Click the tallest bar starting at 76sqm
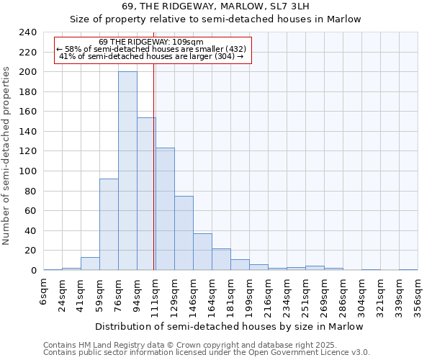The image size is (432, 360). (x=127, y=171)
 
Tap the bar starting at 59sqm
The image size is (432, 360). (x=109, y=224)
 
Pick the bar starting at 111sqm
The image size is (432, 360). (x=165, y=209)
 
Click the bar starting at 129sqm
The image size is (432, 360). (x=184, y=233)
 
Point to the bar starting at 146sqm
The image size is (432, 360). (x=202, y=251)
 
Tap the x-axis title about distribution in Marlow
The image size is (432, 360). (x=229, y=326)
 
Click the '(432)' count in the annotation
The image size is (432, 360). (x=236, y=49)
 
